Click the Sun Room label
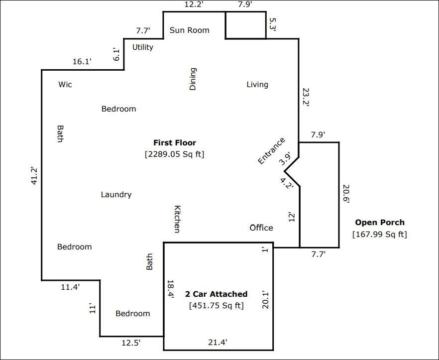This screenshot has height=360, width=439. (x=189, y=30)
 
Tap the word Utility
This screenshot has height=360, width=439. (x=143, y=47)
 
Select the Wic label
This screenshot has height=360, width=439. (x=65, y=85)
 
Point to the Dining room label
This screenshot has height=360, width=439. (x=193, y=79)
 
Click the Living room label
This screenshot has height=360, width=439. (x=257, y=85)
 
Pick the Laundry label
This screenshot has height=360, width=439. (x=116, y=195)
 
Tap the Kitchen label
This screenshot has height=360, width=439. (x=177, y=219)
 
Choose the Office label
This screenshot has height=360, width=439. (x=261, y=228)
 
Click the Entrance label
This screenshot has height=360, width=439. (x=271, y=151)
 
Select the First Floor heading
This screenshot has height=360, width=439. (x=175, y=143)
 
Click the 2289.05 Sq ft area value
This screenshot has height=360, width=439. (x=175, y=154)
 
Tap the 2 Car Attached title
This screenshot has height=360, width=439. (x=216, y=294)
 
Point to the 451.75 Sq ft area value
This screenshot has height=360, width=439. (x=216, y=306)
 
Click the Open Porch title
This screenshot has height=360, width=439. (x=380, y=223)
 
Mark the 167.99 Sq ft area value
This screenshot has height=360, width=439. (x=380, y=234)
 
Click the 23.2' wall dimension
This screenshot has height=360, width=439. (x=306, y=97)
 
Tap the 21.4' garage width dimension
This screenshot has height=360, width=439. (x=218, y=342)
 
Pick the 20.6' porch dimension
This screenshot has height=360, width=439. (x=346, y=194)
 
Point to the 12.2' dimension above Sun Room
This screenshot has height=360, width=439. (x=194, y=5)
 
